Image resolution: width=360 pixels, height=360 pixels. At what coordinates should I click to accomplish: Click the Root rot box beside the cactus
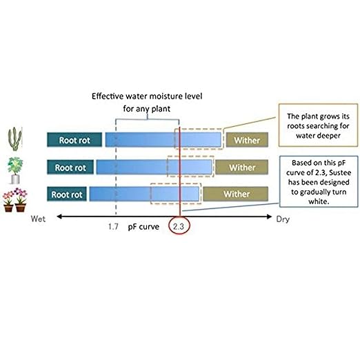pos(74,140)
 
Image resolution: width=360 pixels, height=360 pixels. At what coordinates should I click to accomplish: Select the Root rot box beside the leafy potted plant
pos(70,167)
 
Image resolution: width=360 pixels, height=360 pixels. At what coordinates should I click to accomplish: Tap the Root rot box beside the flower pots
pos(67,194)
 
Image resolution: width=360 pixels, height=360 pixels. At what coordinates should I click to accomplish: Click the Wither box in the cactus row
pos(247,140)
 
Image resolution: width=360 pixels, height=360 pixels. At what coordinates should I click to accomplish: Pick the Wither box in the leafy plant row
pos(242,167)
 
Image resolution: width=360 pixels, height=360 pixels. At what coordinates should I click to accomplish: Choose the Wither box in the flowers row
pos(236,194)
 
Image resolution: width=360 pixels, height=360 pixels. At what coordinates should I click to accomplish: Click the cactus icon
pos(15,139)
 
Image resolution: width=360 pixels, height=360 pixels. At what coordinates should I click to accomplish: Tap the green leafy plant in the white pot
pos(15,170)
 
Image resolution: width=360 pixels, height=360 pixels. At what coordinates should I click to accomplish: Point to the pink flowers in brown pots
pos(15,200)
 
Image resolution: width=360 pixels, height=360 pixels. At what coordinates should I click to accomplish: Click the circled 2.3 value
pos(179,226)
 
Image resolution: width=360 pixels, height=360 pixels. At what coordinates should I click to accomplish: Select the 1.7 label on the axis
pos(113,227)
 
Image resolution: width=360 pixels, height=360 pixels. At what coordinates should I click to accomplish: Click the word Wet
pos(38,219)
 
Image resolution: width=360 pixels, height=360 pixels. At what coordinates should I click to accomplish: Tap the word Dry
pos(283,219)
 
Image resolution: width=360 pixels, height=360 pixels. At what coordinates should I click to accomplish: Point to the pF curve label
pos(143,227)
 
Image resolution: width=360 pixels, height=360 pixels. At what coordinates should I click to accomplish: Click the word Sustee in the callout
pos(339,172)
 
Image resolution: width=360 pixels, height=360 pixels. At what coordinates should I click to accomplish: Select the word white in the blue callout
pos(318,201)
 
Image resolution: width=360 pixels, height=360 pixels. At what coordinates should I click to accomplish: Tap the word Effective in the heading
pos(108,96)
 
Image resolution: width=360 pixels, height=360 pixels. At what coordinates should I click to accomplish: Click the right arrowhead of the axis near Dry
pos(269,217)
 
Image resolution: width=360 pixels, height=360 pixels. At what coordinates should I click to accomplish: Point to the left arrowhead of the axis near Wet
pos(59,217)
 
